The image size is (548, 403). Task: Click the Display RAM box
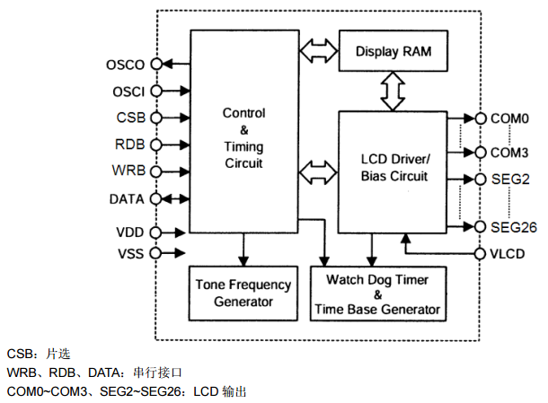pyautogui.click(x=394, y=52)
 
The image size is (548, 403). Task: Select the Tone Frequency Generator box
pyautogui.click(x=243, y=293)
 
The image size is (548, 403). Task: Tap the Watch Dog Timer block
pyautogui.click(x=377, y=294)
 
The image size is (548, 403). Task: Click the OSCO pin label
pyautogui.click(x=126, y=65)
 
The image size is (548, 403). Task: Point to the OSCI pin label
pyautogui.click(x=128, y=91)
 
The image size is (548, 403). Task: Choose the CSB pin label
pyautogui.click(x=131, y=118)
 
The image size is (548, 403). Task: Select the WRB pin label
pyautogui.click(x=130, y=171)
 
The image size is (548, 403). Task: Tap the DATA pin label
pyautogui.click(x=127, y=197)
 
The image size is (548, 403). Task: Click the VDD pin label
pyautogui.click(x=130, y=232)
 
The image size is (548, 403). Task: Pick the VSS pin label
pyautogui.click(x=130, y=253)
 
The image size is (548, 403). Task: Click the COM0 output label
pyautogui.click(x=509, y=118)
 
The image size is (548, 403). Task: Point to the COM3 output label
pyautogui.click(x=509, y=152)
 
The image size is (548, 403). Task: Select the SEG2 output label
pyautogui.click(x=509, y=179)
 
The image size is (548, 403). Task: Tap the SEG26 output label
pyautogui.click(x=513, y=225)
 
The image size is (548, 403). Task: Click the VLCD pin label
pyautogui.click(x=508, y=253)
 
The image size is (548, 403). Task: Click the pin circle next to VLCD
pyautogui.click(x=480, y=253)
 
